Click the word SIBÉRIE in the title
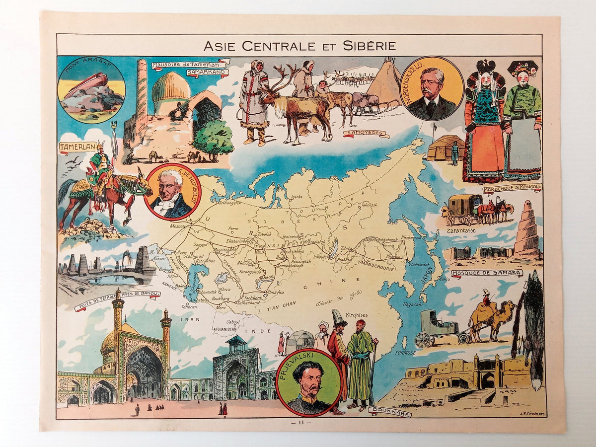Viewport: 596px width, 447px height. coord(370,46)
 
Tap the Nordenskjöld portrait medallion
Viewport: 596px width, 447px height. coord(431,88)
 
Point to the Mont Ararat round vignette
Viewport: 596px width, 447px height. coord(91,89)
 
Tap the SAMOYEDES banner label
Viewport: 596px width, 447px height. coord(366,133)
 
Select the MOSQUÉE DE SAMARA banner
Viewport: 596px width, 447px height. coord(487,273)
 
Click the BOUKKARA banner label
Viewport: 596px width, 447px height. coord(390,411)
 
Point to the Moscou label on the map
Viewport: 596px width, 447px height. coord(177,226)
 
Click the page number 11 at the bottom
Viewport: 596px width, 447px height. coord(303,423)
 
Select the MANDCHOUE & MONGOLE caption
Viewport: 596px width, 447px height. coord(512,188)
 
